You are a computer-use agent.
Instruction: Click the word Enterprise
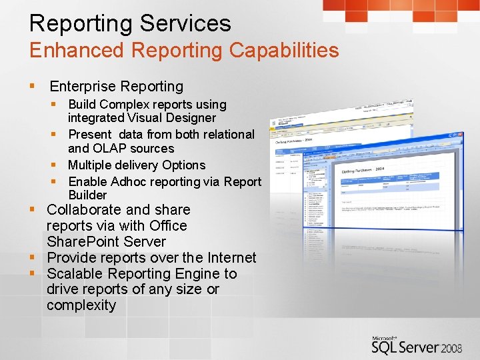coord(83,86)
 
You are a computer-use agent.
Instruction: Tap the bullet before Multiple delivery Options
coord(58,165)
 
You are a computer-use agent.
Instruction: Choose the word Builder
coord(87,195)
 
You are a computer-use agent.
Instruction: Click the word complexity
coord(81,305)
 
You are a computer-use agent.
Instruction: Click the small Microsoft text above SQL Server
coord(386,339)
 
